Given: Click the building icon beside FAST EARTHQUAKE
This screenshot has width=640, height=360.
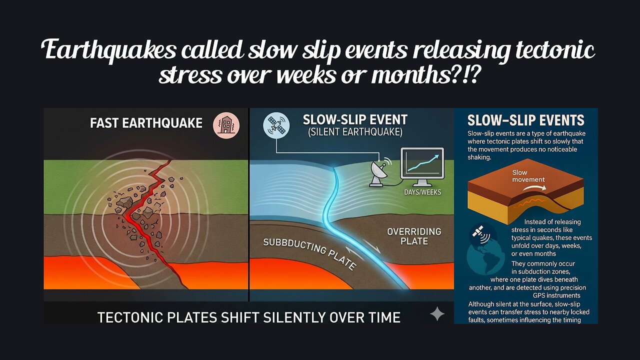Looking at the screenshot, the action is coord(226,125).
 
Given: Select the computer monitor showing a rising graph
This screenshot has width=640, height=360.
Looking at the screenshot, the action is coord(422,167).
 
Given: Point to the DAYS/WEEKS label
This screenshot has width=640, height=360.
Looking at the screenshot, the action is coord(422,192).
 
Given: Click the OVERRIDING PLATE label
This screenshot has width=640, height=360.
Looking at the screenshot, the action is coord(414,236).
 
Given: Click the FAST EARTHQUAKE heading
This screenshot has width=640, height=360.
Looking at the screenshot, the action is coord(146,123).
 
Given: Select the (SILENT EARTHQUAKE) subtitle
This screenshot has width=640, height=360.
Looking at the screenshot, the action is coord(355,132).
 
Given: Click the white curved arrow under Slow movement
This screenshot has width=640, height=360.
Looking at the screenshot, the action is coord(534,187).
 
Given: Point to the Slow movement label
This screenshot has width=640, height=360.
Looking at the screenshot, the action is coord(528,176).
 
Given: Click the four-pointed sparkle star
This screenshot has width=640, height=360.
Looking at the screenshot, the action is coord(437,314).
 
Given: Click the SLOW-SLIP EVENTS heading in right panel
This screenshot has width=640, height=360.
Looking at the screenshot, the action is coord(525,120).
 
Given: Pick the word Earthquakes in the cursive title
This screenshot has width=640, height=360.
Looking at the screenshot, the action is coord(108,50).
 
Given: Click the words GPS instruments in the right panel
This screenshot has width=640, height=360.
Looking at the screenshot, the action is coord(556,295).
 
